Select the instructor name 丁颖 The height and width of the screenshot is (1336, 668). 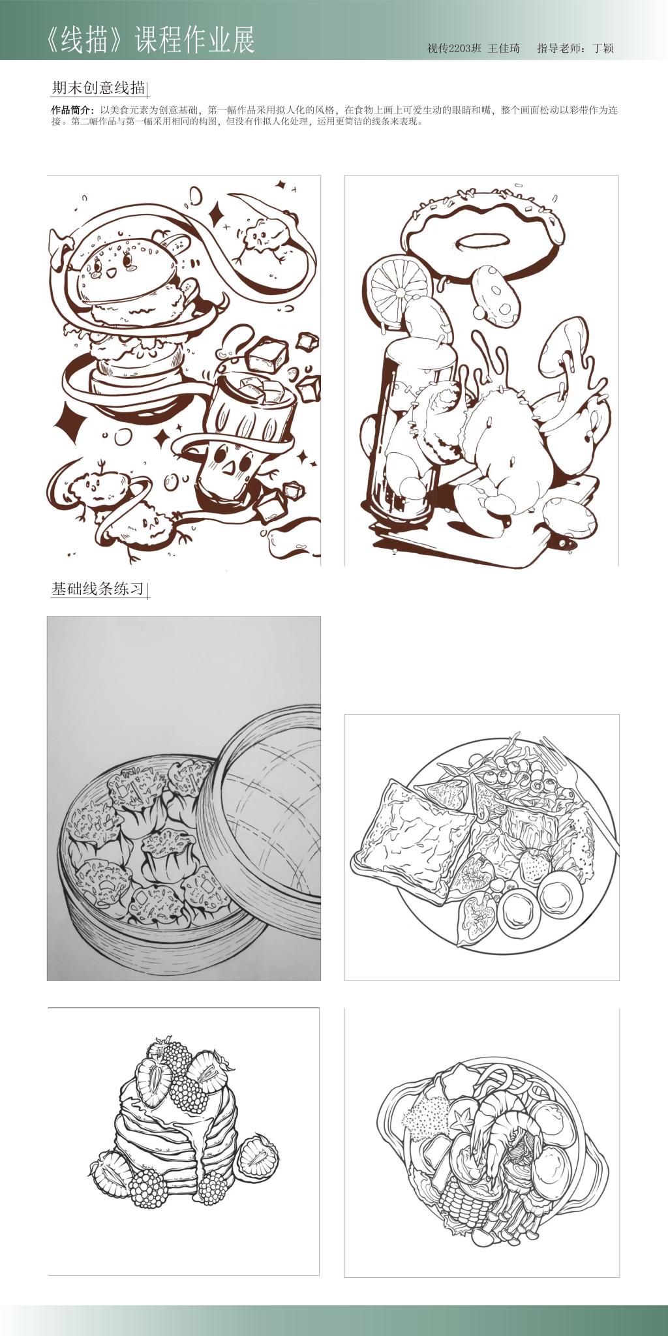(603, 48)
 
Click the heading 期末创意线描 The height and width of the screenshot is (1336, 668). (98, 87)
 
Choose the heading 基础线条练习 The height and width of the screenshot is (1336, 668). (98, 588)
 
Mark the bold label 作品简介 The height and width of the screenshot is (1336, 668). (72, 110)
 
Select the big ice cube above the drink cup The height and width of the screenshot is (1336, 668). (267, 354)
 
